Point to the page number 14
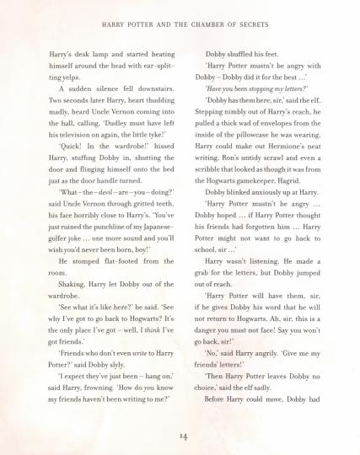pyautogui.click(x=180, y=436)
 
